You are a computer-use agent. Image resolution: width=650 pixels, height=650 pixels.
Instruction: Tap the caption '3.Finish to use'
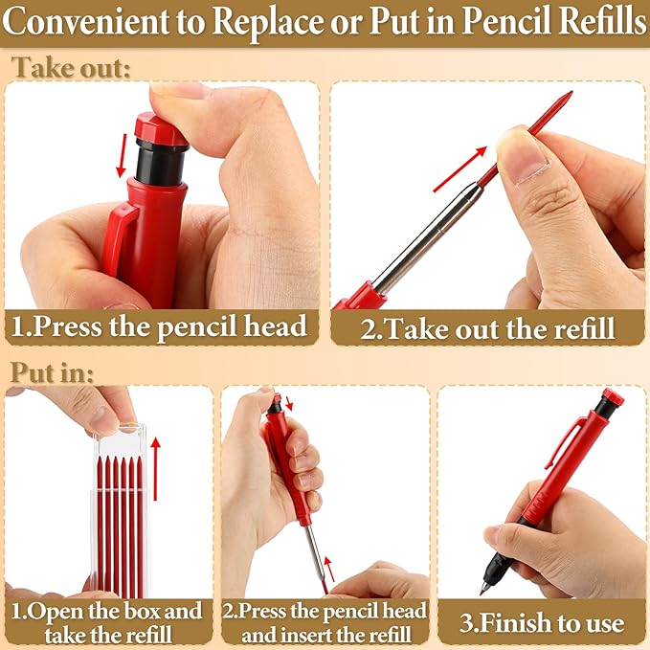(x=542, y=623)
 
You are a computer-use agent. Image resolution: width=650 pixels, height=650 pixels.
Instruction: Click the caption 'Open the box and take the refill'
(x=107, y=622)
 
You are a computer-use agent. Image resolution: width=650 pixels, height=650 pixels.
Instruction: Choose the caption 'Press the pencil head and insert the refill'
(x=325, y=622)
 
